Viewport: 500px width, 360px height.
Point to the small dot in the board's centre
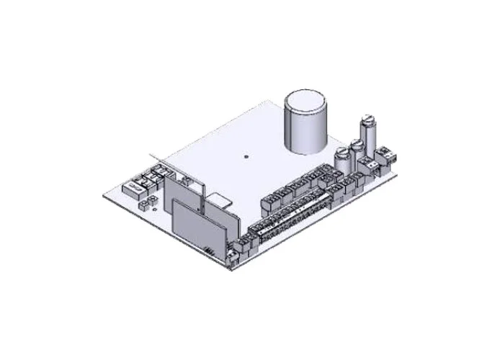[245, 154]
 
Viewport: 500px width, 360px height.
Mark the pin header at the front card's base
[210, 250]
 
